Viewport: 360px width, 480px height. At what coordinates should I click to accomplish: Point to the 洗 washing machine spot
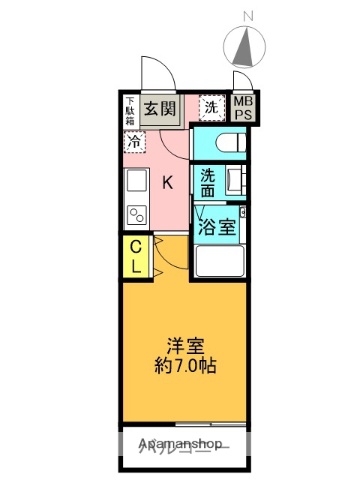coord(211,106)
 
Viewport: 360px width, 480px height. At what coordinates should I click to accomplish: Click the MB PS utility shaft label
coord(243,108)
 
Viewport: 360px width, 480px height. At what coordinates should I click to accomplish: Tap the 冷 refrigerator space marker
coord(133,140)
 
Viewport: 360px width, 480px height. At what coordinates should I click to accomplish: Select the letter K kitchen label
coord(168,182)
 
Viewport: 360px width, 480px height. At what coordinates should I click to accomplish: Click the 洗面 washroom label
coord(207,182)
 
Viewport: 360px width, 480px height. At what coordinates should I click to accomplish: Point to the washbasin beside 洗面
coord(237,182)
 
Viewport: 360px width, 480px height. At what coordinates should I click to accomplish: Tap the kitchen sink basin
coord(136,183)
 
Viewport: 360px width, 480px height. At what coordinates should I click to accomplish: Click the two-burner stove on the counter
coord(136,213)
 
